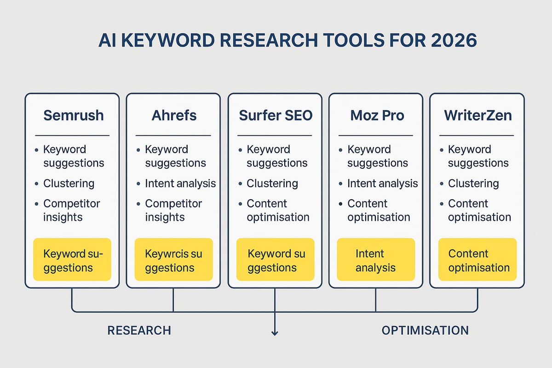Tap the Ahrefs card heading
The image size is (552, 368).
[x=173, y=115]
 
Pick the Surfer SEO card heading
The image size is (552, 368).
[x=275, y=115]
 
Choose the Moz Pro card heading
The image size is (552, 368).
[x=377, y=115]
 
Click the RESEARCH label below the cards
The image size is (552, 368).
[x=139, y=330]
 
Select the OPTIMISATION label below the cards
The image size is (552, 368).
[x=425, y=330]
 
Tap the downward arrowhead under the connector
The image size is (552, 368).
[x=275, y=332]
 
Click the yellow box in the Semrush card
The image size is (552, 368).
[x=72, y=260]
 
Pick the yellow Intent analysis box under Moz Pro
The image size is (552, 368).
[x=376, y=260]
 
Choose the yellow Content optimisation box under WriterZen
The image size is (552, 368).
[x=477, y=260]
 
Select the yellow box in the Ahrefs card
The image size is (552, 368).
[x=173, y=260]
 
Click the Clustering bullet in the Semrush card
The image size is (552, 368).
[x=69, y=184]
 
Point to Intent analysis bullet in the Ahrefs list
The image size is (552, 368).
[x=180, y=184]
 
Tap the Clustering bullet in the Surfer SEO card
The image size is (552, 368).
[x=272, y=184]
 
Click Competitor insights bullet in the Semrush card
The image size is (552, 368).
[x=71, y=210]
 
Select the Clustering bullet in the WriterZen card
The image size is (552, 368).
[x=473, y=184]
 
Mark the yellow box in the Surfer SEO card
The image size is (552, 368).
[x=275, y=260]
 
